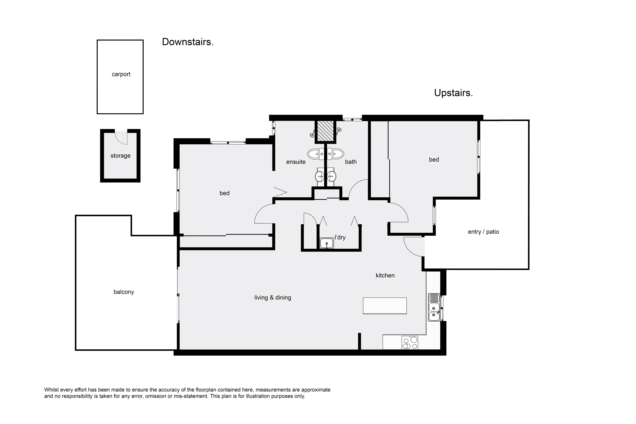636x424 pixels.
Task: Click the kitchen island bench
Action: [385, 306]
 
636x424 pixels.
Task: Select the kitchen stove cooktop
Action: [410, 343]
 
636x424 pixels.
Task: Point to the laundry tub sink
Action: [327, 243]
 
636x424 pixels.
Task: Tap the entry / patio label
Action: [484, 232]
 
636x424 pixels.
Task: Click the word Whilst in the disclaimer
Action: [51, 390]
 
